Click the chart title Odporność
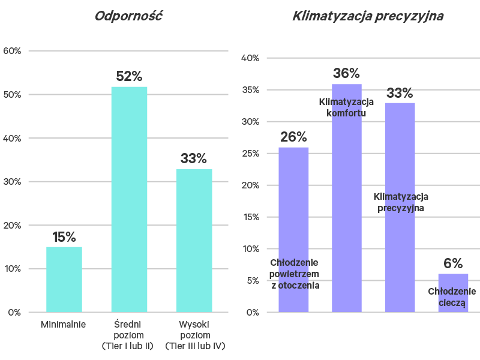pyautogui.click(x=129, y=16)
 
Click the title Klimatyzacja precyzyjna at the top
pyautogui.click(x=368, y=16)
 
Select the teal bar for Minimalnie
pyautogui.click(x=64, y=279)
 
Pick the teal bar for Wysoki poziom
pyautogui.click(x=194, y=240)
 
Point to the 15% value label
pyautogui.click(x=64, y=237)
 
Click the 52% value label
pyautogui.click(x=129, y=77)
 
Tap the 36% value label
pyautogui.click(x=346, y=74)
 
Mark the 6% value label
pyautogui.click(x=453, y=263)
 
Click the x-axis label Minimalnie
pyautogui.click(x=64, y=325)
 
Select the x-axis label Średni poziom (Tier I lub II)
pyautogui.click(x=128, y=335)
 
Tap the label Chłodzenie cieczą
pyautogui.click(x=452, y=297)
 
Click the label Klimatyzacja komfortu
pyautogui.click(x=346, y=107)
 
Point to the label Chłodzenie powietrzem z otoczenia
pyautogui.click(x=295, y=274)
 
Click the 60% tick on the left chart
pyautogui.click(x=13, y=51)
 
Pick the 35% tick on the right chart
pyautogui.click(x=250, y=90)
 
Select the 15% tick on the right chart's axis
pyautogui.click(x=250, y=217)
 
